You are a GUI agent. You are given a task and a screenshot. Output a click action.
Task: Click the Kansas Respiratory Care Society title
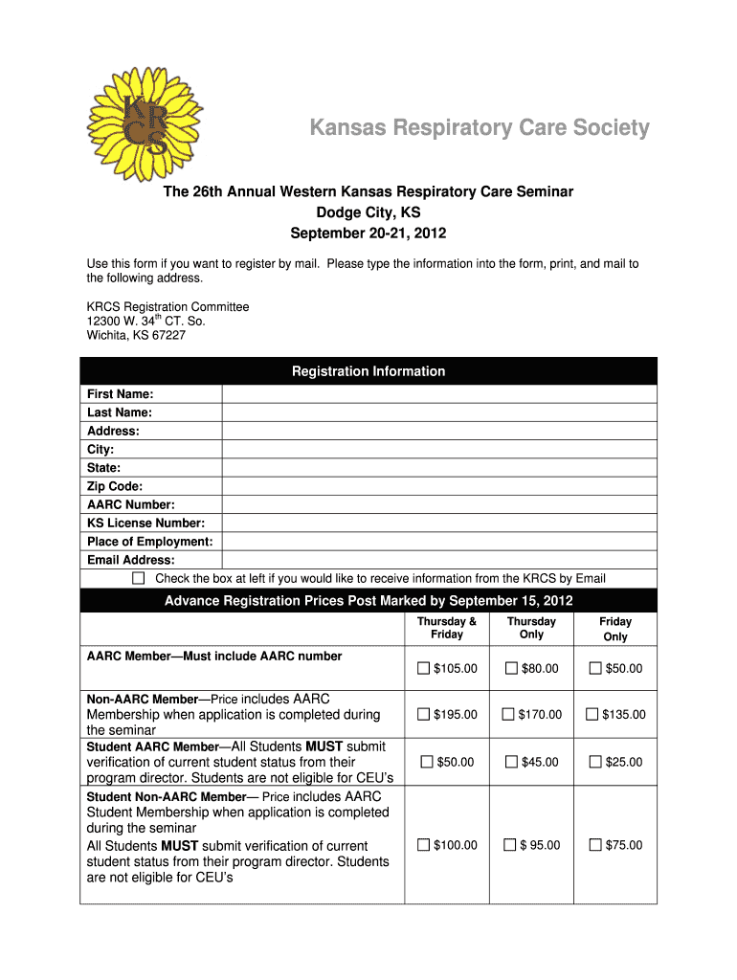point(479,128)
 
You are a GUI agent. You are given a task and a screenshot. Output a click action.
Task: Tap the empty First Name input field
point(438,394)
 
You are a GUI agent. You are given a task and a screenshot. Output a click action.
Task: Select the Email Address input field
point(438,560)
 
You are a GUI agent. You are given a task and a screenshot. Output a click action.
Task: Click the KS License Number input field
point(438,523)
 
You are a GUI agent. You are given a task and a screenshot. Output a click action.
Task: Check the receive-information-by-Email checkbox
point(139,578)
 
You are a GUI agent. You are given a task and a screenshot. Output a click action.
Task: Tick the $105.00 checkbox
point(424,668)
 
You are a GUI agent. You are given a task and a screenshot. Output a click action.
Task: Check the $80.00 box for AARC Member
point(511,668)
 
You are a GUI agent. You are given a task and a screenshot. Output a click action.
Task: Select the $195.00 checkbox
point(424,715)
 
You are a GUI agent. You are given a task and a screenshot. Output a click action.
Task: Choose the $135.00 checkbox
point(592,715)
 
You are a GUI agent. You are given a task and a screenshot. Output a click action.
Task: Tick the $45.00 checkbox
point(511,762)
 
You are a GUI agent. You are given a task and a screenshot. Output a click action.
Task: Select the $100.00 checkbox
point(424,845)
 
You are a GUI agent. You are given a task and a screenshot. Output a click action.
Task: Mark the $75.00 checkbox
point(594,845)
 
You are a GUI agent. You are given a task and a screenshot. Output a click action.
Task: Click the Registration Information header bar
point(368,371)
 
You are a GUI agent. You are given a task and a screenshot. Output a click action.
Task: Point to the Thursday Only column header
point(531,628)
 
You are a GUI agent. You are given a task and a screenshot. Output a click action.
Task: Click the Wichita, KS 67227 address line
point(136,336)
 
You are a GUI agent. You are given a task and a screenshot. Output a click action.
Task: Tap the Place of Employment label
point(150,542)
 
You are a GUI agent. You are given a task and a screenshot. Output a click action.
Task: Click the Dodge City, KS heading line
point(368,212)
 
